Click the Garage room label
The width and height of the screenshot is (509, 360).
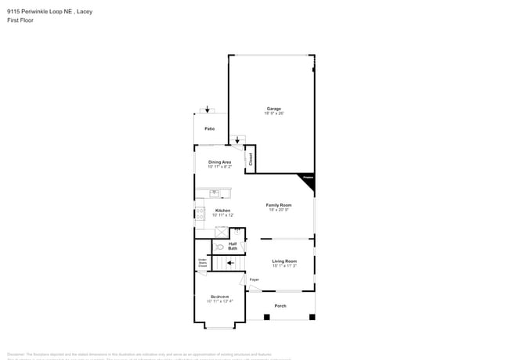coord(273,109)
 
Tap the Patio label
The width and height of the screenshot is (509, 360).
coord(210,128)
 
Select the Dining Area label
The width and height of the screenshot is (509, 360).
coord(219,162)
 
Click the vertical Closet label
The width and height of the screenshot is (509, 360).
coord(251,158)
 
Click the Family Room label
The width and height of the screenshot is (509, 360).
coord(279,205)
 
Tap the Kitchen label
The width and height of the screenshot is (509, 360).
coord(223,211)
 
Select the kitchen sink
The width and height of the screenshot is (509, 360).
coord(214,193)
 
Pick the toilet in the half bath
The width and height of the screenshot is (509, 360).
coord(219,247)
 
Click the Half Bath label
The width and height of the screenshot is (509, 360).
coord(233,246)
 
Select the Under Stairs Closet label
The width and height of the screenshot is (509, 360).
coord(202,263)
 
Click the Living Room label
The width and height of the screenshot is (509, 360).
coord(284,261)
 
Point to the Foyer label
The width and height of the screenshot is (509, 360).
coord(254,279)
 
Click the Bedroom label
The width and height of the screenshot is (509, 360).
coord(220,297)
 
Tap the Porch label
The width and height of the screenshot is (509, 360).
coord(280,305)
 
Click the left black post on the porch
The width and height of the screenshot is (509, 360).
coord(267,317)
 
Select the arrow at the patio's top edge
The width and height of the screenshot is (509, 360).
coord(208,110)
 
